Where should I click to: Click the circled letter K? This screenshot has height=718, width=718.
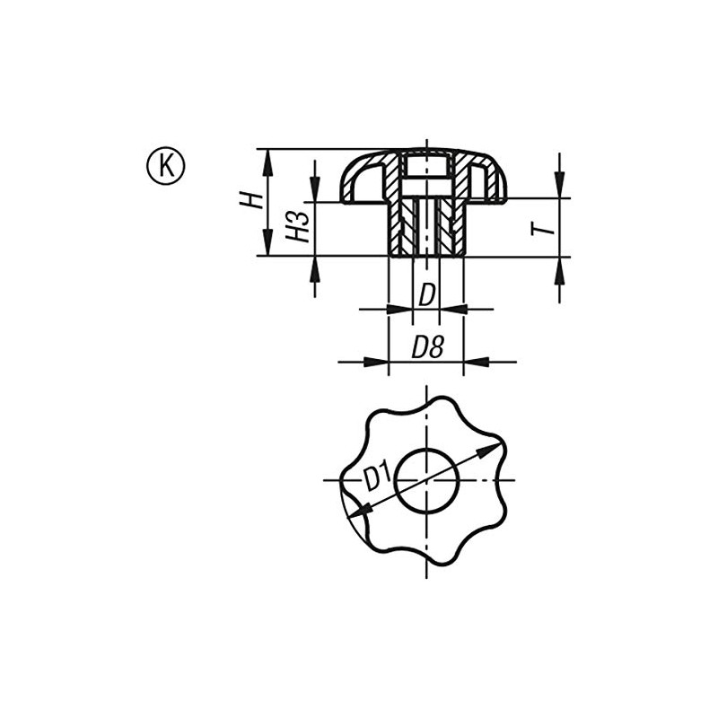pyautogui.click(x=165, y=166)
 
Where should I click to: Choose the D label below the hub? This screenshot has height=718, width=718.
pyautogui.click(x=426, y=293)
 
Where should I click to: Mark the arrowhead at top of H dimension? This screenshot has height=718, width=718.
pyautogui.click(x=267, y=158)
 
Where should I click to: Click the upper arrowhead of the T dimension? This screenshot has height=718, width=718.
pyautogui.click(x=559, y=187)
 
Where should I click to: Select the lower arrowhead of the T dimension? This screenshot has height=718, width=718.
pyautogui.click(x=559, y=267)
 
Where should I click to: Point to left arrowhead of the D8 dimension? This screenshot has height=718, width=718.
pyautogui.click(x=377, y=362)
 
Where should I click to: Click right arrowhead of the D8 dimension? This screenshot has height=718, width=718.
pyautogui.click(x=476, y=362)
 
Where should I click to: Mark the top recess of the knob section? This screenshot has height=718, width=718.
pyautogui.click(x=426, y=166)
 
